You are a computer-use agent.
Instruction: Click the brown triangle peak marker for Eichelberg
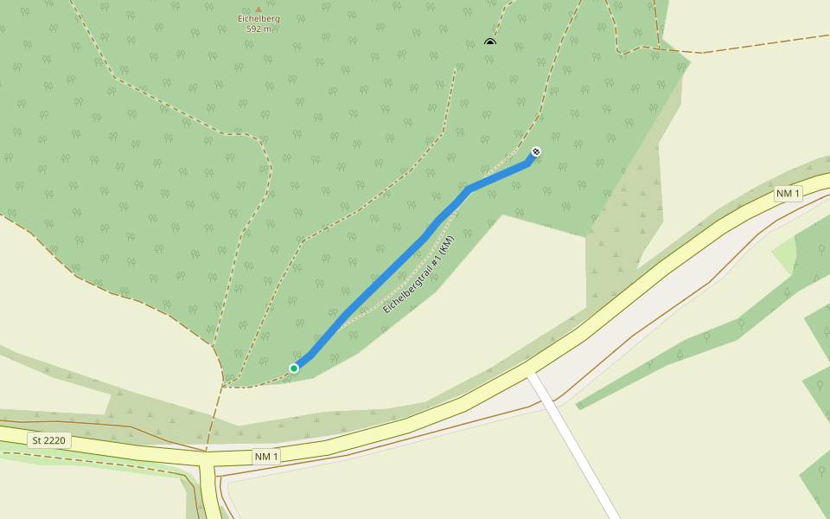click(x=258, y=10)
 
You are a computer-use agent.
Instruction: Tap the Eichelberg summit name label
click(x=259, y=19)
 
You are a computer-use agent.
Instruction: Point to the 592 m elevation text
click(x=259, y=29)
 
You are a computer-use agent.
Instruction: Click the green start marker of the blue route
click(x=294, y=368)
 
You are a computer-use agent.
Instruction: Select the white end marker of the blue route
click(x=536, y=152)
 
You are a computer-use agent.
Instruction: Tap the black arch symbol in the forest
click(x=490, y=42)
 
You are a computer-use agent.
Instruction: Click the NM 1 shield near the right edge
click(x=788, y=194)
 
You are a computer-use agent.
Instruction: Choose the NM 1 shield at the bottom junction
click(x=267, y=456)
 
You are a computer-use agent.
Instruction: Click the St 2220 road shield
click(x=48, y=440)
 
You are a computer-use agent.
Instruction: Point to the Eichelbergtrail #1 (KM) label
click(x=418, y=274)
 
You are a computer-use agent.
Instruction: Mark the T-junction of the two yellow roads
click(x=207, y=459)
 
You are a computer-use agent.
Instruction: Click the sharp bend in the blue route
click(x=468, y=188)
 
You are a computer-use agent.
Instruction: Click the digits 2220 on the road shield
click(x=55, y=440)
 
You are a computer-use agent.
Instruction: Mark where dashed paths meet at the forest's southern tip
click(x=225, y=383)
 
